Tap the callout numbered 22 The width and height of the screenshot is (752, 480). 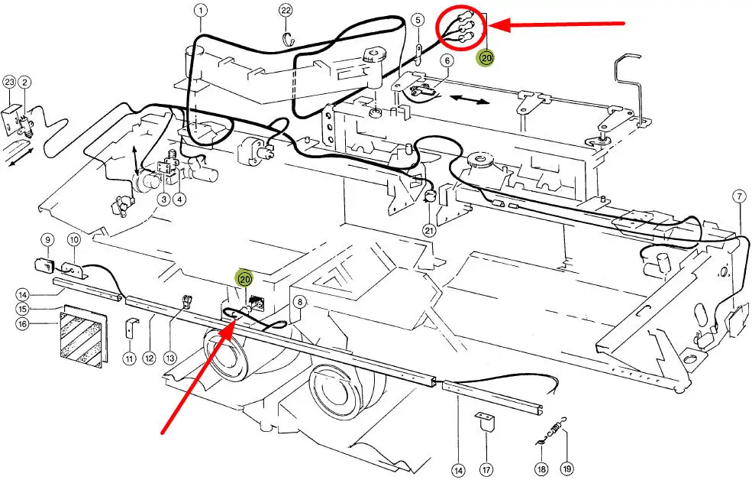coord(286,10)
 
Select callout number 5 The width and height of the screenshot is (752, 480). coord(418,20)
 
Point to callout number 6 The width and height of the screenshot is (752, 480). coord(447,60)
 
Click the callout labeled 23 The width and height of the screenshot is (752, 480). coord(9,82)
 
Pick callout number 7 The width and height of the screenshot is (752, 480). coord(739,197)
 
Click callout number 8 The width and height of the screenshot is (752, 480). coord(300,303)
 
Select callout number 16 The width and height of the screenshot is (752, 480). coord(23,323)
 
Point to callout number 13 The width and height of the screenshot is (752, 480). coord(169,357)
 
